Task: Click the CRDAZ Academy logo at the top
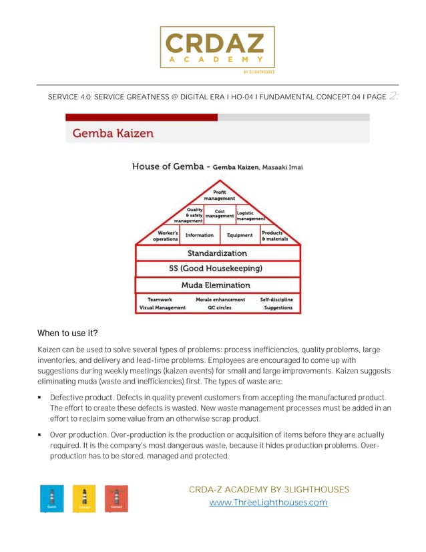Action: coord(217,48)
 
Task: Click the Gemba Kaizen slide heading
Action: coord(113,133)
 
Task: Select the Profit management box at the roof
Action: coord(219,195)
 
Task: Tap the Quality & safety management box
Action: coord(189,215)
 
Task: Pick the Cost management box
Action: coord(219,215)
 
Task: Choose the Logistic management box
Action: coord(250,215)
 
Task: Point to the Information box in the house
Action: coord(199,235)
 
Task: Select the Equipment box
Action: coord(239,235)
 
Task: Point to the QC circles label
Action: coord(220,308)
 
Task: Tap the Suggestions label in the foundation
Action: coord(278,308)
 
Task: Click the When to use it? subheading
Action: coord(67,333)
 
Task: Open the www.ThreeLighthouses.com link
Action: coord(268,503)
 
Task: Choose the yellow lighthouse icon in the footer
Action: coord(84,499)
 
